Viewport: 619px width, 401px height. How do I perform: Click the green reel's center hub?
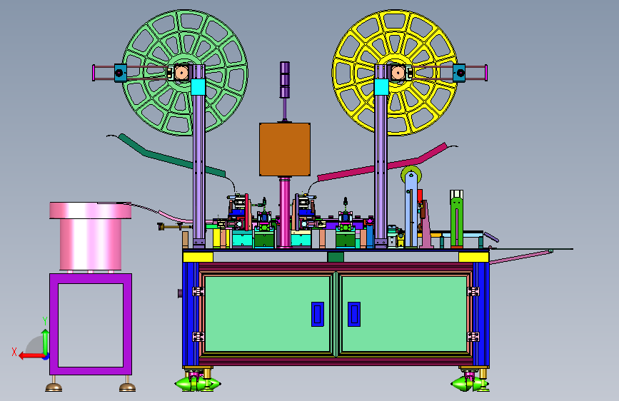pos(181,73)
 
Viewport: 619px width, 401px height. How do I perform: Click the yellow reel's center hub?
pos(398,73)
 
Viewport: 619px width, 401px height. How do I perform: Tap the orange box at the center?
pos(285,149)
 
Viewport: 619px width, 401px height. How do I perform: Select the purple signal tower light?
pos(285,80)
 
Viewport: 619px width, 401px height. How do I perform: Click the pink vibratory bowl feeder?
pos(91,235)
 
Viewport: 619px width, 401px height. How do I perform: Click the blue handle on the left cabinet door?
pos(318,314)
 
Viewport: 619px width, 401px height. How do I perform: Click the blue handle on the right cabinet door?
pos(353,314)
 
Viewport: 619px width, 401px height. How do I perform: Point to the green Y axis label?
pos(45,321)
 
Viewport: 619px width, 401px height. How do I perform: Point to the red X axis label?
pos(14,352)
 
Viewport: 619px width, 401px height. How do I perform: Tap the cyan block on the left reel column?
pos(198,87)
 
